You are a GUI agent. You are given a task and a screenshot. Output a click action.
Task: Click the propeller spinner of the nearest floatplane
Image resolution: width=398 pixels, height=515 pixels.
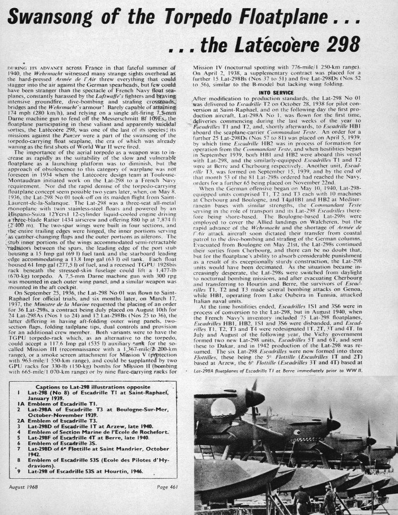255,399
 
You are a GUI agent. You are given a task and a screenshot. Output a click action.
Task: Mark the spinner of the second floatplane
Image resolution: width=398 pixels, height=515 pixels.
333,425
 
